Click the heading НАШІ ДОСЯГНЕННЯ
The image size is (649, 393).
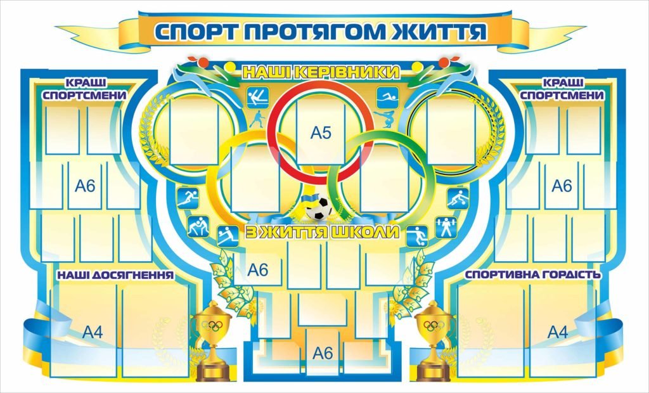(x=115, y=275)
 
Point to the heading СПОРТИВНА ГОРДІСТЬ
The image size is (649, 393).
(x=532, y=274)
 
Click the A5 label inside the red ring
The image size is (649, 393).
(x=321, y=133)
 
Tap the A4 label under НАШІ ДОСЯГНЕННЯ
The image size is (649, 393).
(x=93, y=332)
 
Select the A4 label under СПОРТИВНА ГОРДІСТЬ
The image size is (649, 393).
(x=558, y=332)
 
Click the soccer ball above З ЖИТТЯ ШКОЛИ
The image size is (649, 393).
(x=319, y=209)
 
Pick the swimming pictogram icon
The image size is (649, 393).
(x=387, y=98)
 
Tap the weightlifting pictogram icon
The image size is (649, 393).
(x=446, y=228)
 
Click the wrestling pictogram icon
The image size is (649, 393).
(x=198, y=226)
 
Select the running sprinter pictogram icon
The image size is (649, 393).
(x=188, y=198)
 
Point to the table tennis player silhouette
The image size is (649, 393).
(x=257, y=119)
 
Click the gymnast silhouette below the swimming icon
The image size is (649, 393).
(x=385, y=119)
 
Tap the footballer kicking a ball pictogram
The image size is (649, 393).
(x=416, y=236)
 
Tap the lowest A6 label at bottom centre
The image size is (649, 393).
(x=323, y=353)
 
